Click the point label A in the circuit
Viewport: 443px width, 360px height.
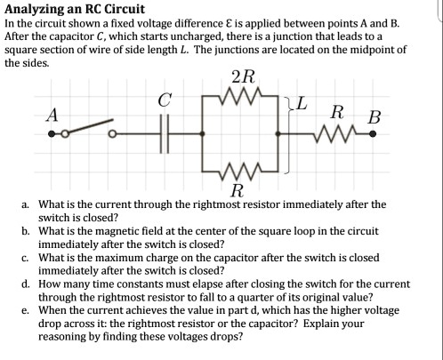pyautogui.click(x=52, y=114)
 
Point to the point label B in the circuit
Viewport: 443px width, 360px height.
pyautogui.click(x=374, y=116)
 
